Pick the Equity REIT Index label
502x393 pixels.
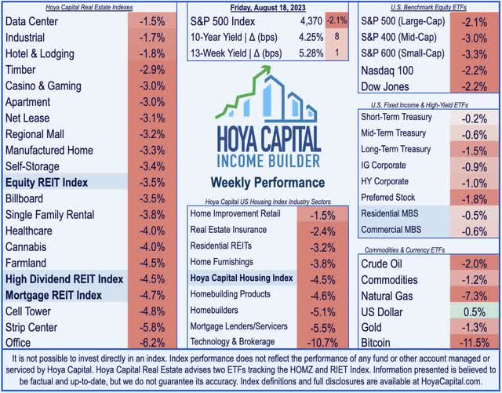(x=47, y=183)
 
